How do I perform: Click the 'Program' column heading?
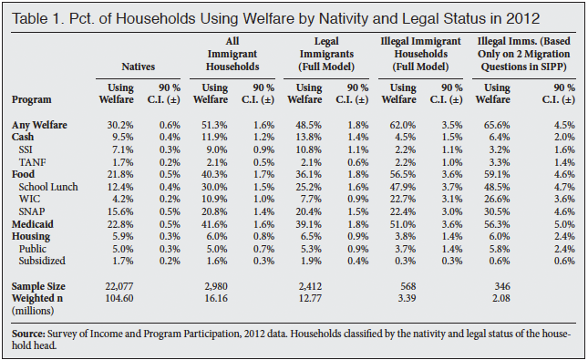point(33,98)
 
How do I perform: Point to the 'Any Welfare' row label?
point(40,124)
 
